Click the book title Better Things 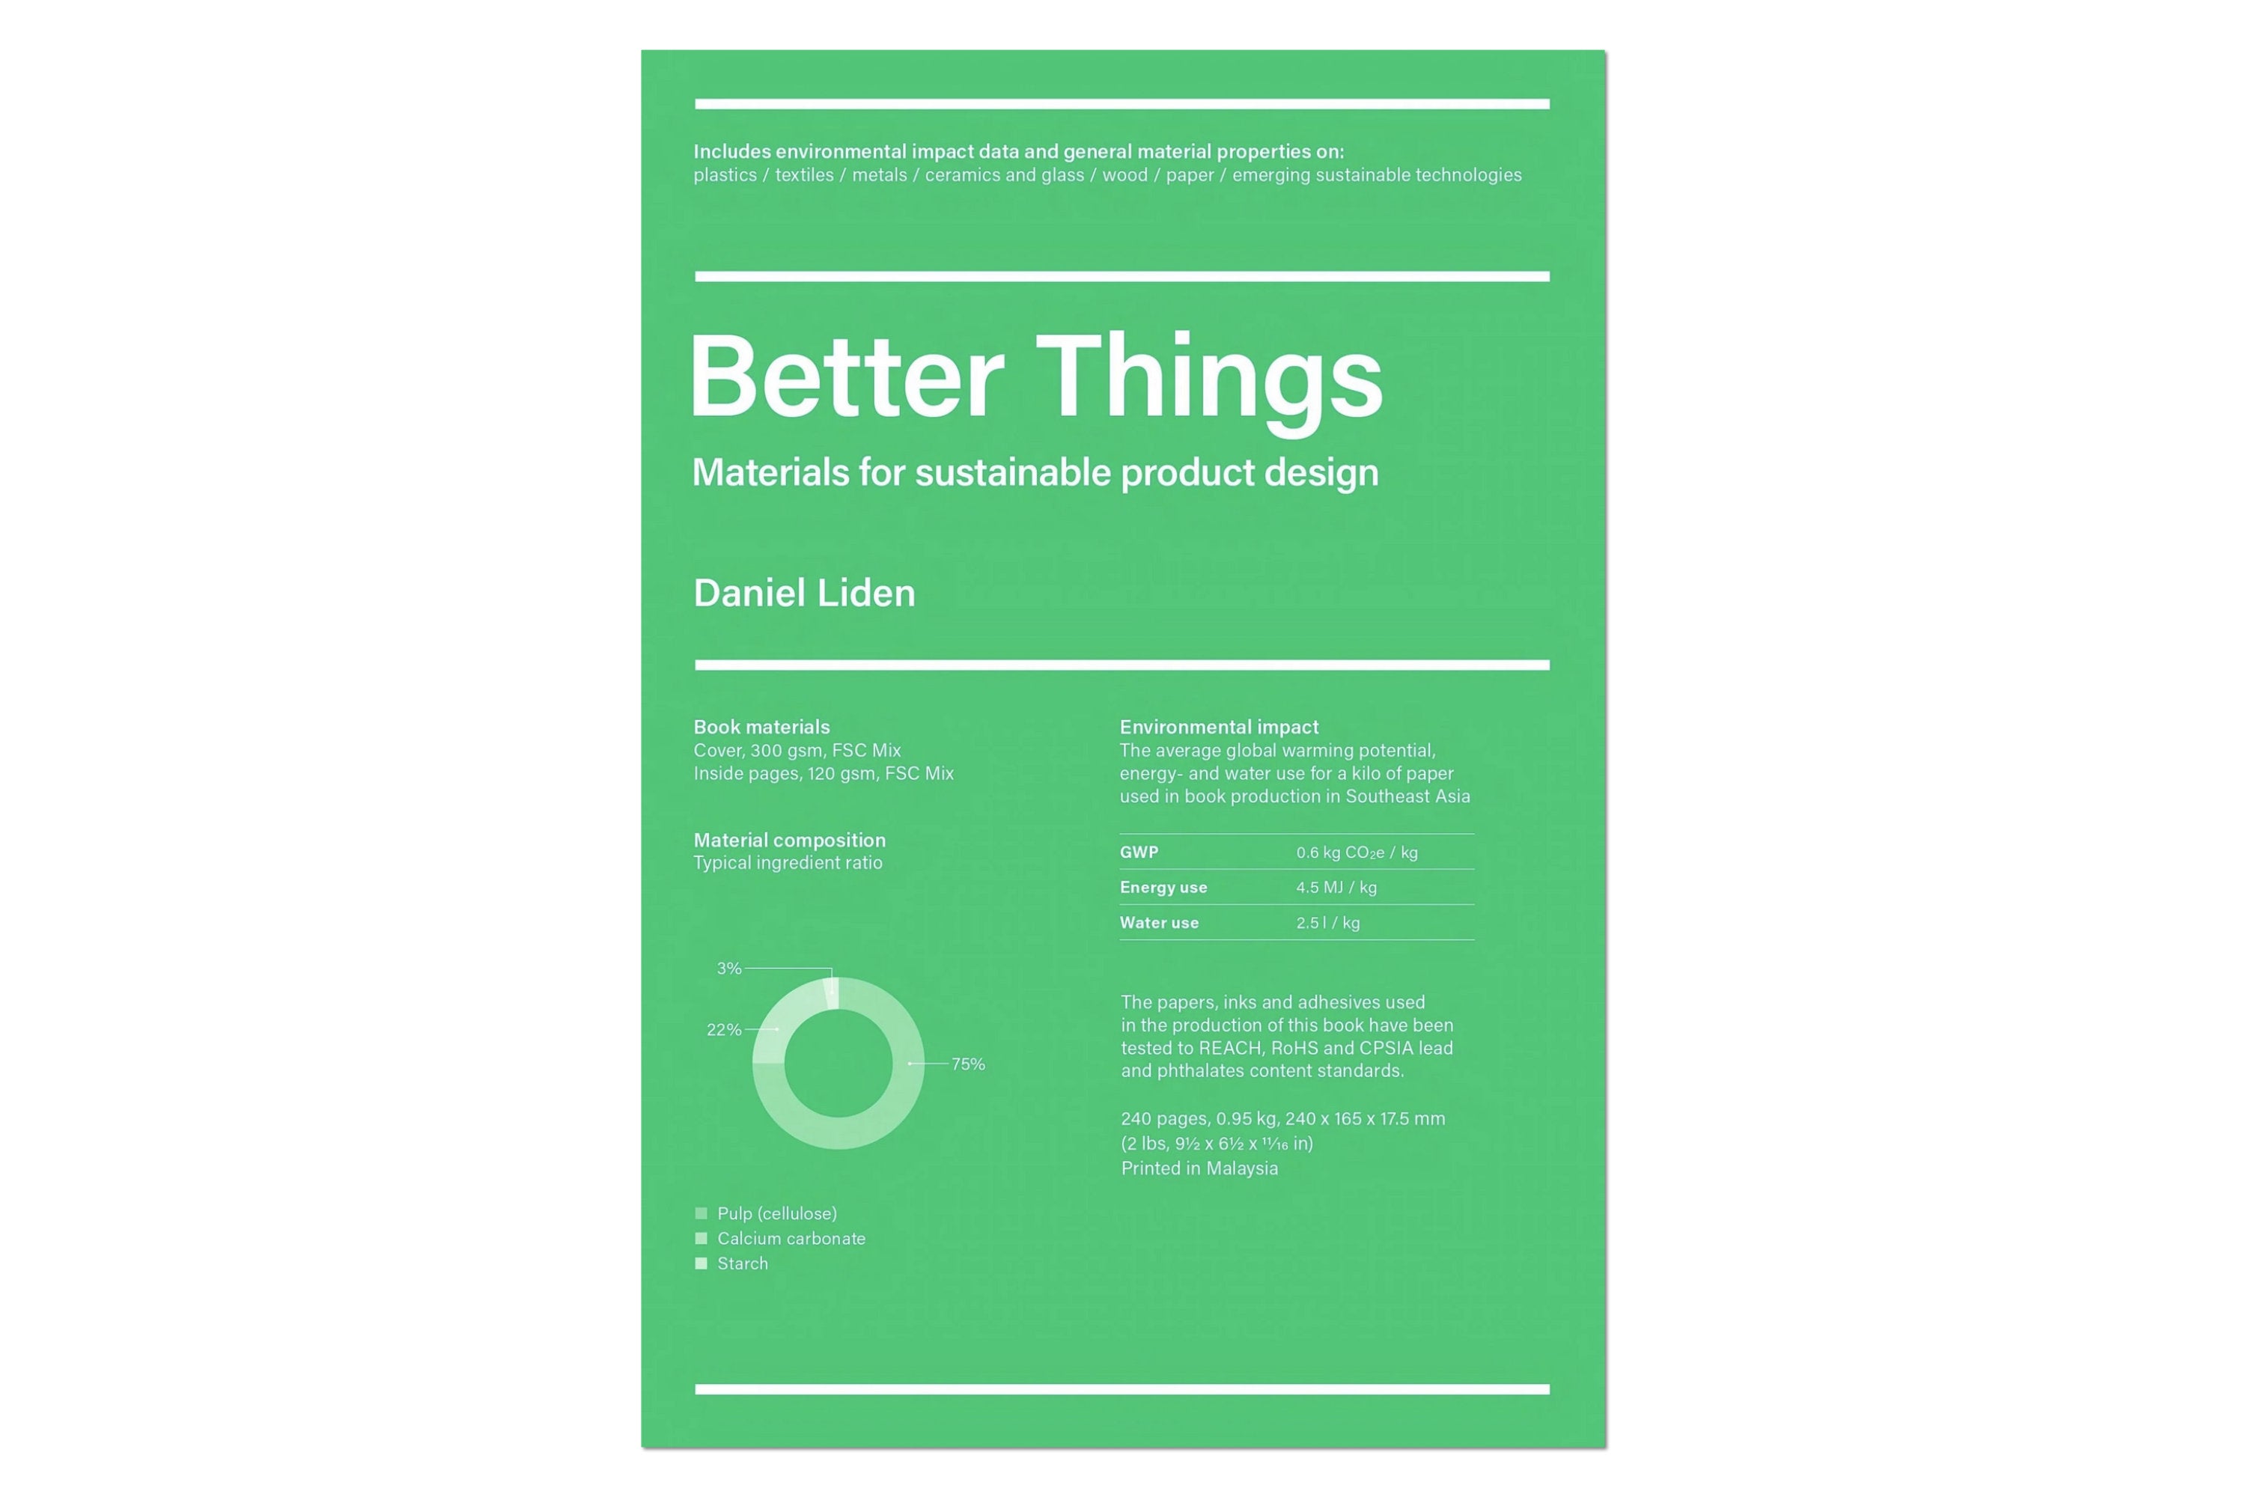[1035, 377]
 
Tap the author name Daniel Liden [804, 593]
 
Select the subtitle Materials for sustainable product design [1035, 472]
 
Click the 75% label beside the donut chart [968, 1064]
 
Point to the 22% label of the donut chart [724, 1029]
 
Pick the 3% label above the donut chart [729, 968]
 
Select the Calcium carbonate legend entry [791, 1238]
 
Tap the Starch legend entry [742, 1263]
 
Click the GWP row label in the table [1139, 852]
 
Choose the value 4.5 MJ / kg [1336, 887]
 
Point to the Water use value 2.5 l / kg [1327, 922]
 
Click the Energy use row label [1163, 887]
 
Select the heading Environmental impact [1219, 727]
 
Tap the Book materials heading [761, 727]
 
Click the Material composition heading [790, 839]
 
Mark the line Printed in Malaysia [1199, 1168]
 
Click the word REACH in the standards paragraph [1230, 1047]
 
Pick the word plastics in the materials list [725, 174]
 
